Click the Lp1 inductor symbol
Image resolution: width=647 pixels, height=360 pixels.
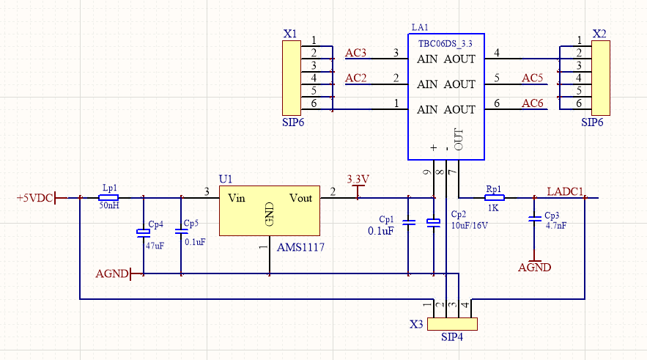(108, 197)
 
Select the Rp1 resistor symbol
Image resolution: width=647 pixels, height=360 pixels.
(495, 197)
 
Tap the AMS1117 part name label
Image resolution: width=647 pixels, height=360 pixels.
(300, 248)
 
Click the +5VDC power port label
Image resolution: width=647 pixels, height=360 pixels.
(34, 198)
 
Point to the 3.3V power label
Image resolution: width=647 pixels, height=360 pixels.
(358, 180)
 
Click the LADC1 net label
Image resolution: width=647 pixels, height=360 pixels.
(565, 192)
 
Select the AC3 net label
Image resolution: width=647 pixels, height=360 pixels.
(355, 53)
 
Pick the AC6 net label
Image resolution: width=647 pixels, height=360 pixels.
(533, 103)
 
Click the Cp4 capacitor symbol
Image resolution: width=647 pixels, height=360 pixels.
(143, 232)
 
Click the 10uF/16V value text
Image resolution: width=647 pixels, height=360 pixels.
(470, 226)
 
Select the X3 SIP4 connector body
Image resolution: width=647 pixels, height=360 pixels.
(452, 324)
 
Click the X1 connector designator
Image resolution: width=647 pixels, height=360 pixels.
(290, 34)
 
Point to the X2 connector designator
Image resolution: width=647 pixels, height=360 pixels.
(599, 34)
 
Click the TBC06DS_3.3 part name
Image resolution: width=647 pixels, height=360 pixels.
(445, 43)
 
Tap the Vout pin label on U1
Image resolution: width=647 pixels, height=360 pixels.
(300, 198)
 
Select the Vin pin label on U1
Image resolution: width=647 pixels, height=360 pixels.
(236, 198)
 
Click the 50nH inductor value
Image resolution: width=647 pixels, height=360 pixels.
(108, 207)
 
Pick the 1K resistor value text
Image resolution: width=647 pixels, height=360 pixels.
(494, 207)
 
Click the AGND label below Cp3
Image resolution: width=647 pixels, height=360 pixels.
(534, 268)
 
